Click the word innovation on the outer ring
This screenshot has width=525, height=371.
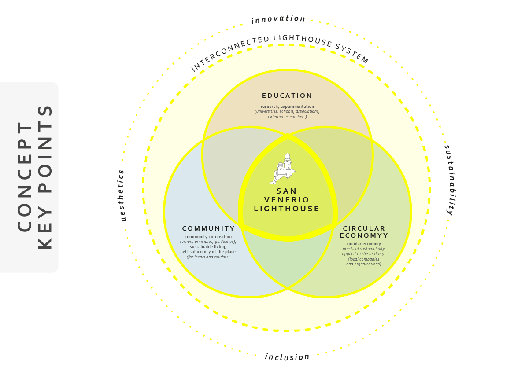pos(278,19)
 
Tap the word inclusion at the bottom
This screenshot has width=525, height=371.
pos(287,356)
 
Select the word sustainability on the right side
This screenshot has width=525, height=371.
pos(449,179)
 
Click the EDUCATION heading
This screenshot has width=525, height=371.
pos(287,96)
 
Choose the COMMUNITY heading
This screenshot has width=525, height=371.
pos(208,228)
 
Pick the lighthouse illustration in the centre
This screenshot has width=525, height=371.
pos(283,169)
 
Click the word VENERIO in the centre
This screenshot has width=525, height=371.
pos(287,200)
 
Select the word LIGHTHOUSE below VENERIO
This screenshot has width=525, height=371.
pos(287,209)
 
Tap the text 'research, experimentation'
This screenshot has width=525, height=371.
pos(287,106)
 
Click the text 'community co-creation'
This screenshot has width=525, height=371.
pos(208,237)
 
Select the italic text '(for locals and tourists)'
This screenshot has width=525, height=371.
pos(208,257)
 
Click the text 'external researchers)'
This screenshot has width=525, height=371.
pos(287,117)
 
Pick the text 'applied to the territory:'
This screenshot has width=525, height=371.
pos(364,254)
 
